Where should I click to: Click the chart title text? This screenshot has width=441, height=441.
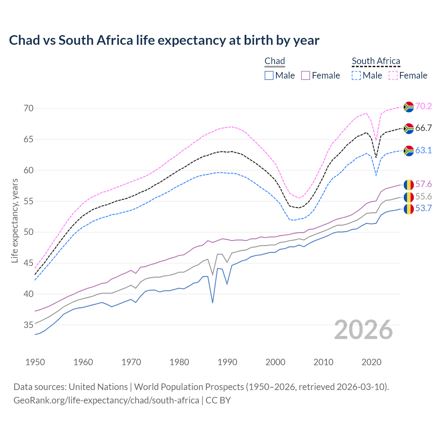(x=164, y=40)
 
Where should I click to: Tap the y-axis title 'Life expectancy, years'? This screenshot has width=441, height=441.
(x=14, y=220)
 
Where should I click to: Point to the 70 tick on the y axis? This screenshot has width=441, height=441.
(x=29, y=109)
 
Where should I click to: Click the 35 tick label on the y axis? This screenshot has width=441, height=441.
(x=29, y=325)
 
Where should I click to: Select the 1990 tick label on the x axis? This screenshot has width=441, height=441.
(x=227, y=362)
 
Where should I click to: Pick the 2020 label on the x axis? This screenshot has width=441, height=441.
(x=371, y=362)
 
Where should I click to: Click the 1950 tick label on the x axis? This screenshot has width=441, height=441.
(x=35, y=362)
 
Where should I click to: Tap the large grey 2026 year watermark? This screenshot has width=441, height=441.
(x=363, y=330)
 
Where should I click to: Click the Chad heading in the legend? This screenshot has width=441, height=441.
(x=275, y=61)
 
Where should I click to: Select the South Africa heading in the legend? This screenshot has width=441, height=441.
(x=376, y=61)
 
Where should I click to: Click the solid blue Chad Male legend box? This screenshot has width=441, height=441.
(x=269, y=75)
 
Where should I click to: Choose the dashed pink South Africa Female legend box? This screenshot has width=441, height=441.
(x=393, y=75)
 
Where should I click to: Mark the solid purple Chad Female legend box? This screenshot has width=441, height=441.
(x=306, y=75)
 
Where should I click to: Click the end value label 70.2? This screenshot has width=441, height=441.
(x=423, y=106)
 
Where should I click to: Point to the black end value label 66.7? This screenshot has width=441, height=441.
(x=423, y=128)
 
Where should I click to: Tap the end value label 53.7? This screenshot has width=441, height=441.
(x=423, y=208)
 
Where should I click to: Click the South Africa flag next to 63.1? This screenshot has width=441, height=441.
(x=409, y=151)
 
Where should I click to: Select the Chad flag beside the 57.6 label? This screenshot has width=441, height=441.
(x=409, y=185)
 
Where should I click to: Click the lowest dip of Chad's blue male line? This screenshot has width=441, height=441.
(x=213, y=303)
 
